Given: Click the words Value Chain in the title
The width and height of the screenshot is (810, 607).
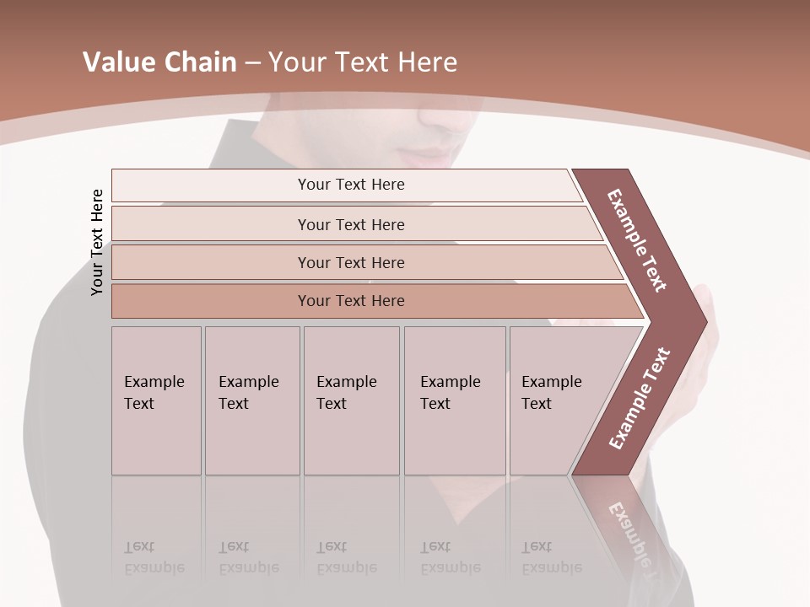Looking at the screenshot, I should pos(159,62).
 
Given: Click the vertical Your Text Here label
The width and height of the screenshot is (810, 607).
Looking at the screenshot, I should pos(97,242).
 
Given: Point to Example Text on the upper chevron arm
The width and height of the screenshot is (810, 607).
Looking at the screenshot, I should pos(637,240).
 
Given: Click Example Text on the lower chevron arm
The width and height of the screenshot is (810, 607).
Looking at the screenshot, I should pos(640,398).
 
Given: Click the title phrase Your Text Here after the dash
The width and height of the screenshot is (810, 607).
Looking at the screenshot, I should pos(363,62).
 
